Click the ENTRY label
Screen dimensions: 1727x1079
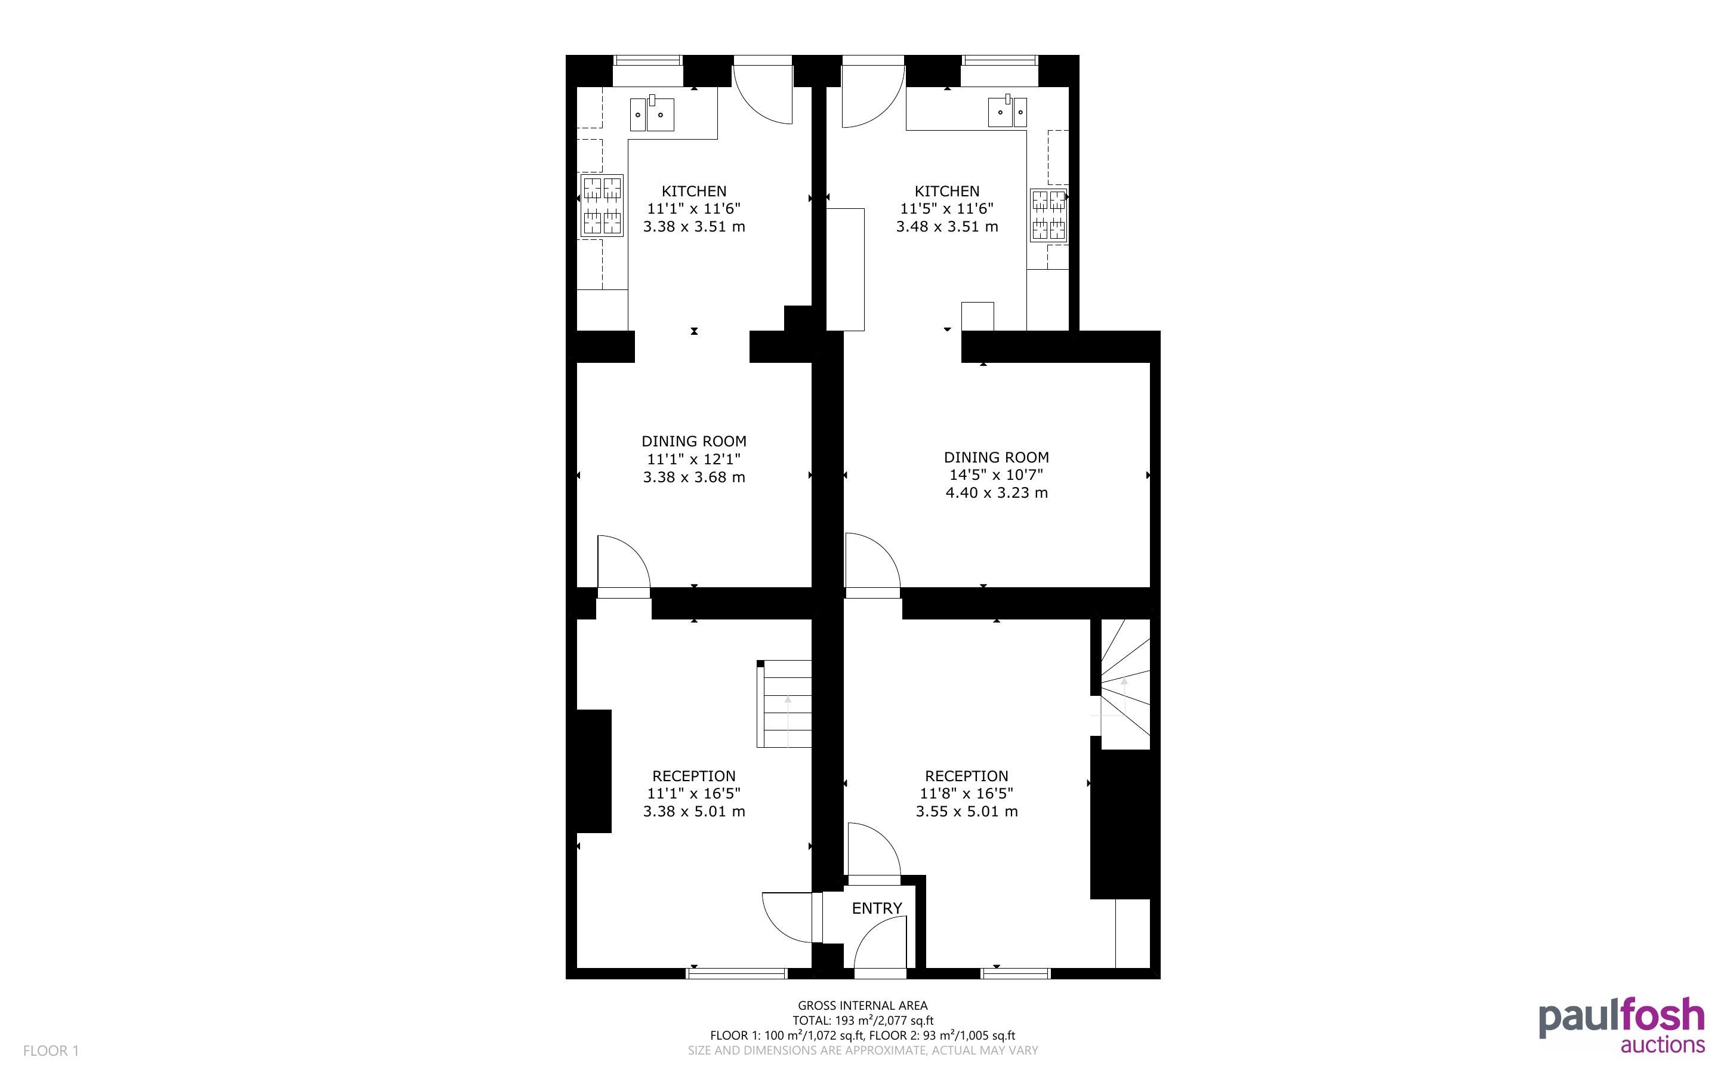pyautogui.click(x=877, y=908)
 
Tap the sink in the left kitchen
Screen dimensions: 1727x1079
pyautogui.click(x=652, y=113)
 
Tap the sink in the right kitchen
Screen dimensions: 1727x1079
pyautogui.click(x=1007, y=112)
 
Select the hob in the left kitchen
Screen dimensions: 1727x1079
pyautogui.click(x=602, y=205)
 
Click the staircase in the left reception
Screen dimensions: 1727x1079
pyautogui.click(x=784, y=704)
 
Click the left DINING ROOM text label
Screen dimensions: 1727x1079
pyautogui.click(x=694, y=441)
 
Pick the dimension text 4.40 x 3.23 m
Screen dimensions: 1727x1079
pyautogui.click(x=997, y=492)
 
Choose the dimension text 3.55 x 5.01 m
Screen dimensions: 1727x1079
pyautogui.click(x=967, y=810)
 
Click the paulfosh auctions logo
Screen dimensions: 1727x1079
pyautogui.click(x=1621, y=1027)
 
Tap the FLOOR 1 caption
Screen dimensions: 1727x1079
pyautogui.click(x=51, y=1050)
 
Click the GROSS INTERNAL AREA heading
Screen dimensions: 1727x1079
pyautogui.click(x=862, y=1006)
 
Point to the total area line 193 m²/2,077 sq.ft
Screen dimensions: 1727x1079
pyautogui.click(x=862, y=1021)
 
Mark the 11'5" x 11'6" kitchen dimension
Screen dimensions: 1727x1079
pyautogui.click(x=946, y=208)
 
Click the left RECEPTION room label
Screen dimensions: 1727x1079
pyautogui.click(x=694, y=776)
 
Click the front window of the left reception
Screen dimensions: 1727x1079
pyautogui.click(x=736, y=973)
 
